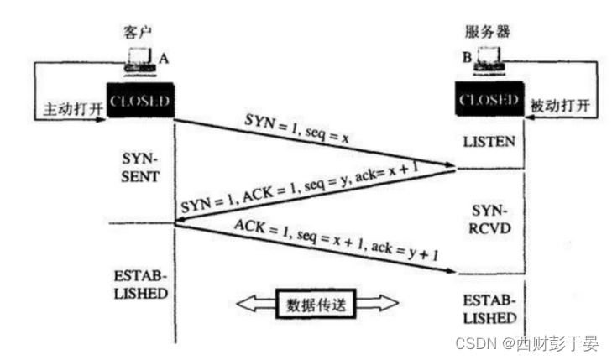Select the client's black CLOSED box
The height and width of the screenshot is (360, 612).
[x=140, y=102]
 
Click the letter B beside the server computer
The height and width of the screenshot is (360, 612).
[x=467, y=59]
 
